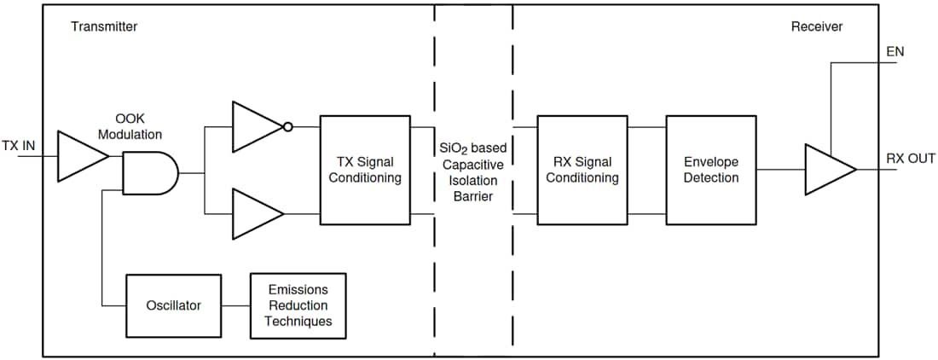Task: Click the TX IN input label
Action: [18, 146]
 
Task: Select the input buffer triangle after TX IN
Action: [78, 156]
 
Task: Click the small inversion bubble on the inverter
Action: [288, 127]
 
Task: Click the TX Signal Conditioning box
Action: [365, 170]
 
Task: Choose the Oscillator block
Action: [173, 305]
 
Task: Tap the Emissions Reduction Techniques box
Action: [298, 305]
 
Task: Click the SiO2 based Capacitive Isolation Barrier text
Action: [473, 172]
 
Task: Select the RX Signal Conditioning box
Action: [582, 170]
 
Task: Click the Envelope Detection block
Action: [711, 170]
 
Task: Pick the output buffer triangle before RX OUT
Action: [827, 170]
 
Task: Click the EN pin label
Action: [895, 52]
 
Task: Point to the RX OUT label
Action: [910, 159]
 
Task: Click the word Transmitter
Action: [104, 26]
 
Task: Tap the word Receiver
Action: [816, 26]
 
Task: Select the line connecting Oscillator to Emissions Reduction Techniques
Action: [235, 305]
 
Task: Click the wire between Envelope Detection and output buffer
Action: [780, 170]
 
